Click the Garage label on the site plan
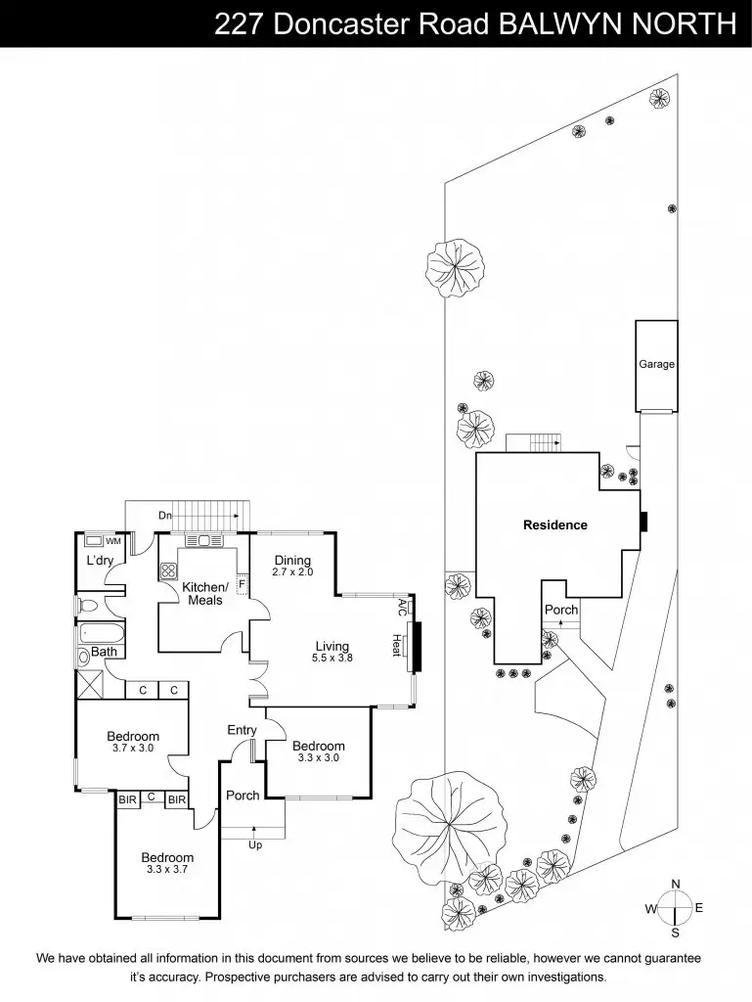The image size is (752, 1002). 657,364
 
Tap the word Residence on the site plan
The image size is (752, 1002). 555,524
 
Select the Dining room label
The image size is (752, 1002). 292,561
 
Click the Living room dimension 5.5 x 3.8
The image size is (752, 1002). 332,659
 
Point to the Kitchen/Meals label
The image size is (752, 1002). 205,593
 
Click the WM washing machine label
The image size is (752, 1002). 113,541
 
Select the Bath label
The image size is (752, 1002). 104,652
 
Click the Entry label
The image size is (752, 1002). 242,730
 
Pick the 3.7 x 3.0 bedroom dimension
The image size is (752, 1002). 133,750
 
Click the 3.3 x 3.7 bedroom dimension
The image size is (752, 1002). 166,869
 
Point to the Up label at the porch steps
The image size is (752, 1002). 255,844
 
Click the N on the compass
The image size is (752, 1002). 675,884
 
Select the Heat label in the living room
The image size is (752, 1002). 397,645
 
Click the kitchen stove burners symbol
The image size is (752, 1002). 168,571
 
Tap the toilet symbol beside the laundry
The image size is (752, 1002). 85,606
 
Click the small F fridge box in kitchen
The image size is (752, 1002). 241,584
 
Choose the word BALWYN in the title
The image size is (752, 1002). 560,24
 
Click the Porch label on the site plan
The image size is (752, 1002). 561,610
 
